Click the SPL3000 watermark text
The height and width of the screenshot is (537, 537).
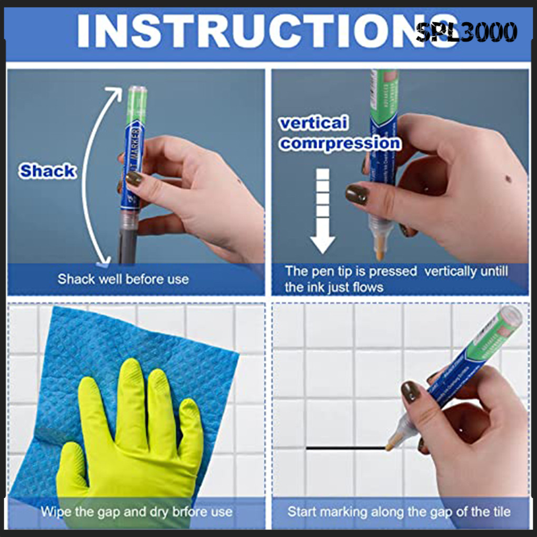tap(466, 33)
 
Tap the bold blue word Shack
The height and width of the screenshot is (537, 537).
tap(47, 172)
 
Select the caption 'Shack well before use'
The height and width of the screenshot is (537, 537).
tap(123, 279)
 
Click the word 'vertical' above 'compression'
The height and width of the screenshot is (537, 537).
tap(314, 124)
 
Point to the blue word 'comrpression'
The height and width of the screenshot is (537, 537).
tap(340, 143)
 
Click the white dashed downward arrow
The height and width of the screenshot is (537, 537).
tap(323, 211)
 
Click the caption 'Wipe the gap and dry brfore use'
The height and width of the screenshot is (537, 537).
tap(136, 511)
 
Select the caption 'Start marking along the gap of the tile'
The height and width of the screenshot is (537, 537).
tap(399, 511)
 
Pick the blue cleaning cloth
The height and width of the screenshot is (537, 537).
tap(58, 369)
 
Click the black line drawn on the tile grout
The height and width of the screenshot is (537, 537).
tap(345, 448)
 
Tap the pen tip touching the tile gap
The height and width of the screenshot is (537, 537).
tap(390, 447)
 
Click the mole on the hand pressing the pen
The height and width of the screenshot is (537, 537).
tap(508, 179)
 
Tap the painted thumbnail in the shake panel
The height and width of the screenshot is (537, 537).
tap(134, 178)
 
